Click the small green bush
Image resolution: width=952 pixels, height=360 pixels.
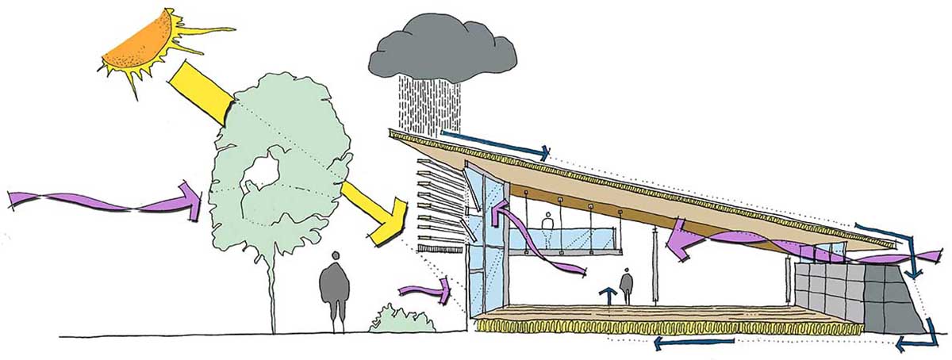coord(402,319)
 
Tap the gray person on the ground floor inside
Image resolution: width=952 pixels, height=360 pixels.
coord(627,286)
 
